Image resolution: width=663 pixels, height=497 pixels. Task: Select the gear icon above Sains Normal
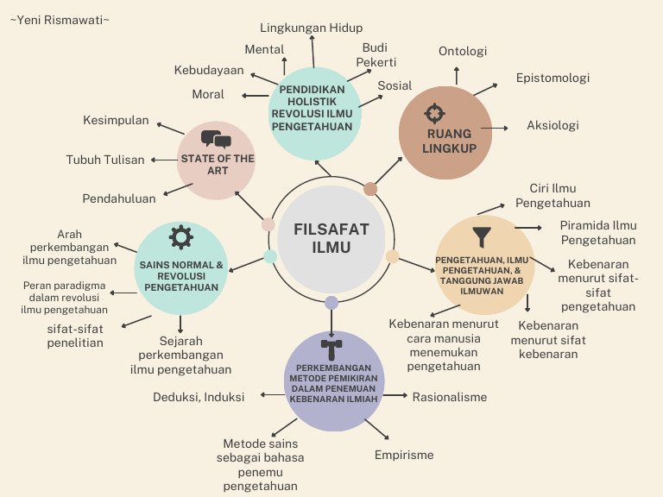[x=181, y=237]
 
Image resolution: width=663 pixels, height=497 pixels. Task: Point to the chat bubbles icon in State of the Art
[x=216, y=139]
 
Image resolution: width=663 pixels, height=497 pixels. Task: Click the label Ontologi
[x=463, y=51]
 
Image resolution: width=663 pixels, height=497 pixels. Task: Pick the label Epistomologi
[x=552, y=78]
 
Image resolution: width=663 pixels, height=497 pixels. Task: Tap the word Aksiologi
[x=552, y=125]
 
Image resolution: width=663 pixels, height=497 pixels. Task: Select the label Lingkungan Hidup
[x=311, y=28]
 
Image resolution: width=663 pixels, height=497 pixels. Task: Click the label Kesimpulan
[x=116, y=120]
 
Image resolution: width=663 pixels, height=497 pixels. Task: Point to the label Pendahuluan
[x=119, y=198]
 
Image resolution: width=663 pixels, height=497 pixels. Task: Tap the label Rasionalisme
[x=449, y=397]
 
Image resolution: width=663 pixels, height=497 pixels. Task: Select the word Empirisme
[x=404, y=455]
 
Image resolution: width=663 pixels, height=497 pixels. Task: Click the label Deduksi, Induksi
[x=199, y=397]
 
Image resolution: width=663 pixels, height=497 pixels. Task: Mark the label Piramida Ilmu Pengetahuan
[x=597, y=233]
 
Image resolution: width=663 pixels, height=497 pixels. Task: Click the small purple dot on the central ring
[x=331, y=303]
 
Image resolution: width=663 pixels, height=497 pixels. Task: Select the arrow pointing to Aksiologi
[x=496, y=128]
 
